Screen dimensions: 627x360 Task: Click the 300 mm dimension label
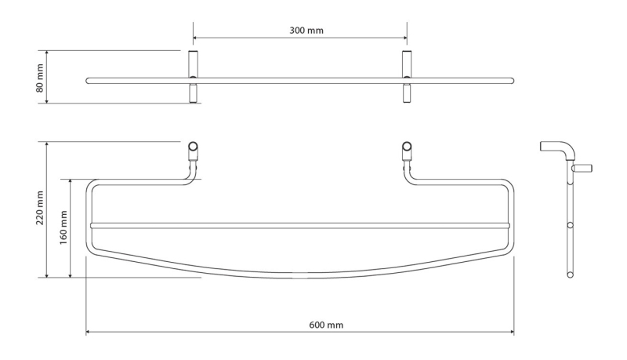[306, 31]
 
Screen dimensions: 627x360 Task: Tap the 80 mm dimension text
[40, 78]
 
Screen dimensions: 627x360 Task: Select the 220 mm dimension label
[40, 208]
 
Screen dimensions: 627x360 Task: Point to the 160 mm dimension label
[63, 228]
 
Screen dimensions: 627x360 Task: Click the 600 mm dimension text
[326, 325]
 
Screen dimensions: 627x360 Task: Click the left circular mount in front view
[193, 146]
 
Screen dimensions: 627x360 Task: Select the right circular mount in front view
[407, 146]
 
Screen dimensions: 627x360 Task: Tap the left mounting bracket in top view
[193, 77]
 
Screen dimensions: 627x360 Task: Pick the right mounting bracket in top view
[407, 77]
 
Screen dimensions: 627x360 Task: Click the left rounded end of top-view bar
[88, 81]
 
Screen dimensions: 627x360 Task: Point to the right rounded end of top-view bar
[512, 81]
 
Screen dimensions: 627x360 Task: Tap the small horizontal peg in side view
[583, 168]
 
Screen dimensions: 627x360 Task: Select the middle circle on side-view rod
[571, 225]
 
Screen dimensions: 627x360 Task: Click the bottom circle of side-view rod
[571, 275]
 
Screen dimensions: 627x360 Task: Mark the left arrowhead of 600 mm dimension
[89, 332]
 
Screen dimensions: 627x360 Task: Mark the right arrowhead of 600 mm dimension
[512, 332]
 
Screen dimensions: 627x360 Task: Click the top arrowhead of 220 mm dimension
[47, 144]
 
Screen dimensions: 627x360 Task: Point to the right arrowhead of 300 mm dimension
[404, 38]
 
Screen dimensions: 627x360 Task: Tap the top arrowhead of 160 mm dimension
[71, 182]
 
